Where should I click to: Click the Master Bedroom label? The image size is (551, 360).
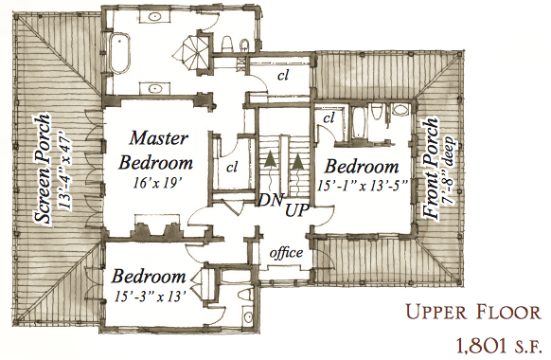(x=156, y=150)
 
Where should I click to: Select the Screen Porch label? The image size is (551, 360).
(x=44, y=169)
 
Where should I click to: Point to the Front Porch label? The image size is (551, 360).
(x=432, y=169)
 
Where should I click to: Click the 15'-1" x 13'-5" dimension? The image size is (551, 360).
(x=363, y=185)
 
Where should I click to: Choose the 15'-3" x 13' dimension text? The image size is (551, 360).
(x=150, y=297)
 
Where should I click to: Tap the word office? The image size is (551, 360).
(x=286, y=252)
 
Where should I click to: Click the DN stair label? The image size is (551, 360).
(x=271, y=200)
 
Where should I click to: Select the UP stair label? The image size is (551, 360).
(x=296, y=211)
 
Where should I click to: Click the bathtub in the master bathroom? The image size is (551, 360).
(x=120, y=54)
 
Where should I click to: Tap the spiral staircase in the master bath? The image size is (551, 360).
(x=192, y=52)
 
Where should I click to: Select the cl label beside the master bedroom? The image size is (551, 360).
(x=232, y=168)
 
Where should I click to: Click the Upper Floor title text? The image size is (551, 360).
(x=473, y=313)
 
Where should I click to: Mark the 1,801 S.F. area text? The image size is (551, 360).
(x=498, y=345)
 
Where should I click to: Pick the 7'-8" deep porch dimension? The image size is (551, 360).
(x=450, y=169)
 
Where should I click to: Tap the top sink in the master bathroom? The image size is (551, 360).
(x=154, y=16)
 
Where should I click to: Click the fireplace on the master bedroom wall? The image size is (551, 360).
(x=157, y=229)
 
